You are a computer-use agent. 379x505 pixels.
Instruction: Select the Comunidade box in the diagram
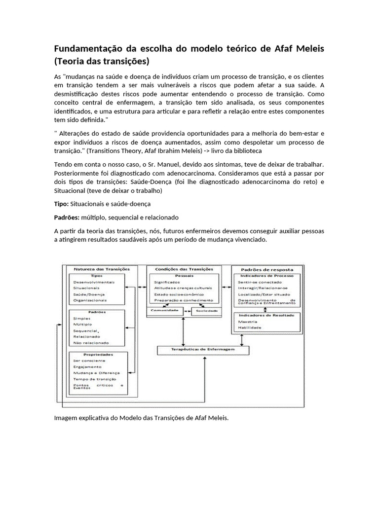tap(165, 311)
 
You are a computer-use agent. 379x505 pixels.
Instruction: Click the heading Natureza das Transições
tap(101, 269)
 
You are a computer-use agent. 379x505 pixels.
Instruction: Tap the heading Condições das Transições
tap(184, 269)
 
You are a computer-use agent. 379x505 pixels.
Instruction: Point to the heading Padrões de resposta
tap(266, 270)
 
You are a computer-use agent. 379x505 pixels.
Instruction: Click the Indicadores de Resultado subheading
tap(266, 315)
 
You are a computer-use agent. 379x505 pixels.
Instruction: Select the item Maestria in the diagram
tap(247, 322)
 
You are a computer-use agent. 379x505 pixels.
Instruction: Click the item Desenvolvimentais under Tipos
tap(94, 282)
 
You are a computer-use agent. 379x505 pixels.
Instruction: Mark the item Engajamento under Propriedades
tap(87, 367)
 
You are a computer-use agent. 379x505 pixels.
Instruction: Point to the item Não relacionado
tap(91, 343)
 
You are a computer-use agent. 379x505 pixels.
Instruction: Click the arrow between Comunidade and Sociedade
tap(188, 311)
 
